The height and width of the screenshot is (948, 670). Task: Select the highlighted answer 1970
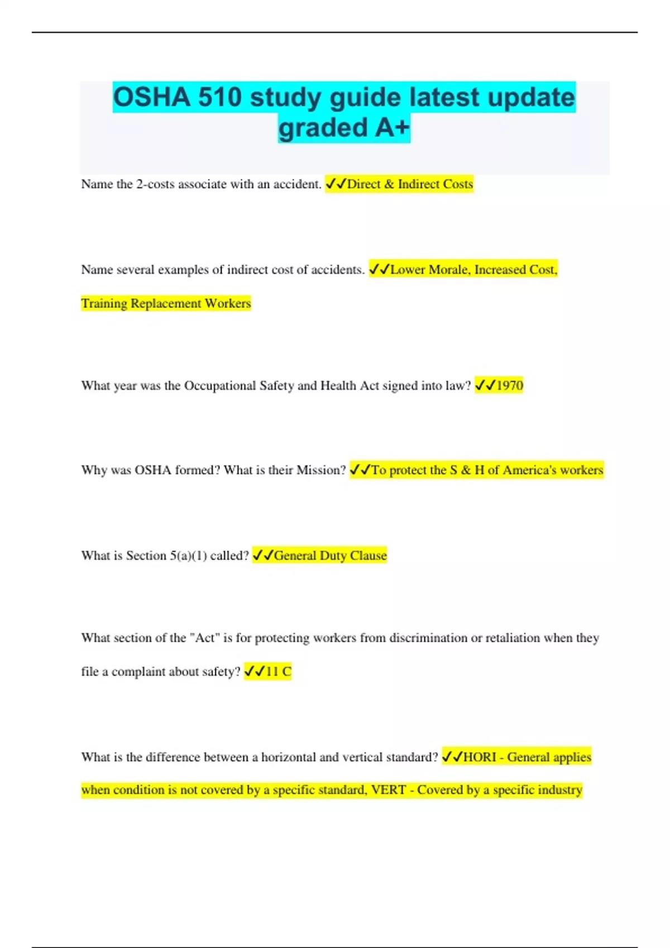point(509,385)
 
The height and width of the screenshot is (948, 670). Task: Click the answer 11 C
point(278,671)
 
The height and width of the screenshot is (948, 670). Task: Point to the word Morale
point(449,270)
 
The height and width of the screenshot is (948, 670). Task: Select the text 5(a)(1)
point(188,555)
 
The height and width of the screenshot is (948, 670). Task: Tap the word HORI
point(479,757)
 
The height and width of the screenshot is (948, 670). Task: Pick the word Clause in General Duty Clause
point(368,555)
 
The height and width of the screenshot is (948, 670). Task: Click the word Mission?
point(321,470)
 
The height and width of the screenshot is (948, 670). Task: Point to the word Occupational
point(220,385)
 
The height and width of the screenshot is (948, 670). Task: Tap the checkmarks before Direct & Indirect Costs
point(336,184)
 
